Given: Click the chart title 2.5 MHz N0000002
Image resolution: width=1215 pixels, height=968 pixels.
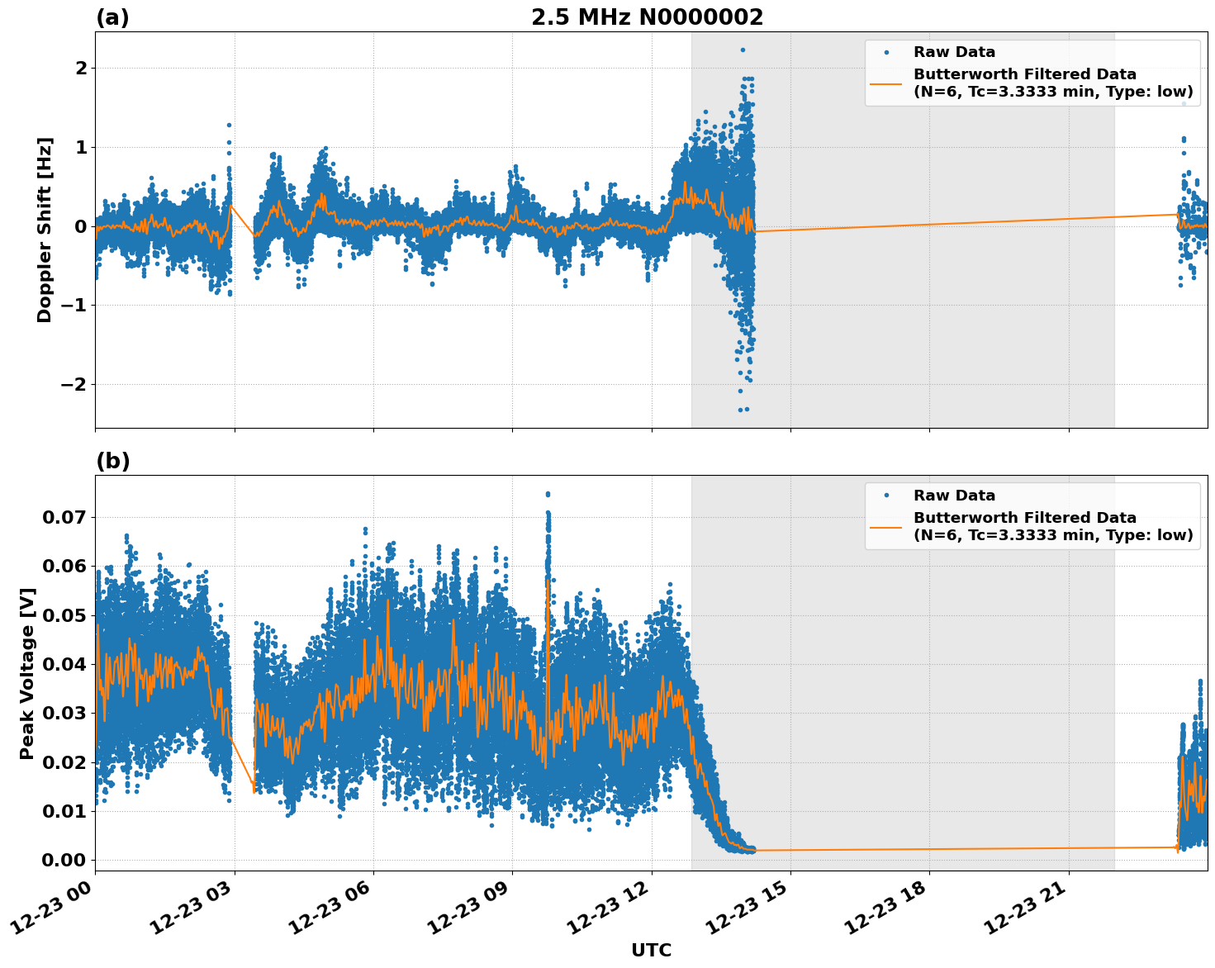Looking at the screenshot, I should click(x=647, y=17).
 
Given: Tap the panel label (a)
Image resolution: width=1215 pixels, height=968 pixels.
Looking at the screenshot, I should click(x=112, y=17).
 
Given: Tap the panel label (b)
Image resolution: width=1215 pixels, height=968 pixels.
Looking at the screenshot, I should click(x=112, y=461).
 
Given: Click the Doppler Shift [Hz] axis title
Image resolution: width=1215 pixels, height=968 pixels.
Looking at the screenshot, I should click(x=45, y=230).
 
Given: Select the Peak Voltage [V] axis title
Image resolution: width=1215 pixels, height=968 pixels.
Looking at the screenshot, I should click(x=27, y=673).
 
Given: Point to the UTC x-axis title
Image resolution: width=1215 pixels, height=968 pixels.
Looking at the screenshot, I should click(x=651, y=950).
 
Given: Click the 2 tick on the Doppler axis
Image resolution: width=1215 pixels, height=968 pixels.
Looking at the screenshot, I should click(x=81, y=68).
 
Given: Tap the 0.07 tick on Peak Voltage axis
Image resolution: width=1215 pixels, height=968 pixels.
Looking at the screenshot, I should click(x=64, y=518).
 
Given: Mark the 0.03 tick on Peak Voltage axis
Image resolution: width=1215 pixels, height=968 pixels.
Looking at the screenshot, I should click(x=64, y=714).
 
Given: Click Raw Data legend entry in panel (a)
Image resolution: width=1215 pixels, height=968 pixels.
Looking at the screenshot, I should click(x=954, y=52).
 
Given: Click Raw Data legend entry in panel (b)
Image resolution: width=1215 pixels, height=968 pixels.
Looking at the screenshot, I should click(x=954, y=496).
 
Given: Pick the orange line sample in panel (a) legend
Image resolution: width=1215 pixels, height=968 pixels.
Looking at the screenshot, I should click(x=886, y=83).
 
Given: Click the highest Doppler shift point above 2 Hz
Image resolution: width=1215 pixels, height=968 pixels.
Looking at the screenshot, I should click(x=743, y=50).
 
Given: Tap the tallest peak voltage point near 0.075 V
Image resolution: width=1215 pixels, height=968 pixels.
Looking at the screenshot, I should click(x=547, y=494).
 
